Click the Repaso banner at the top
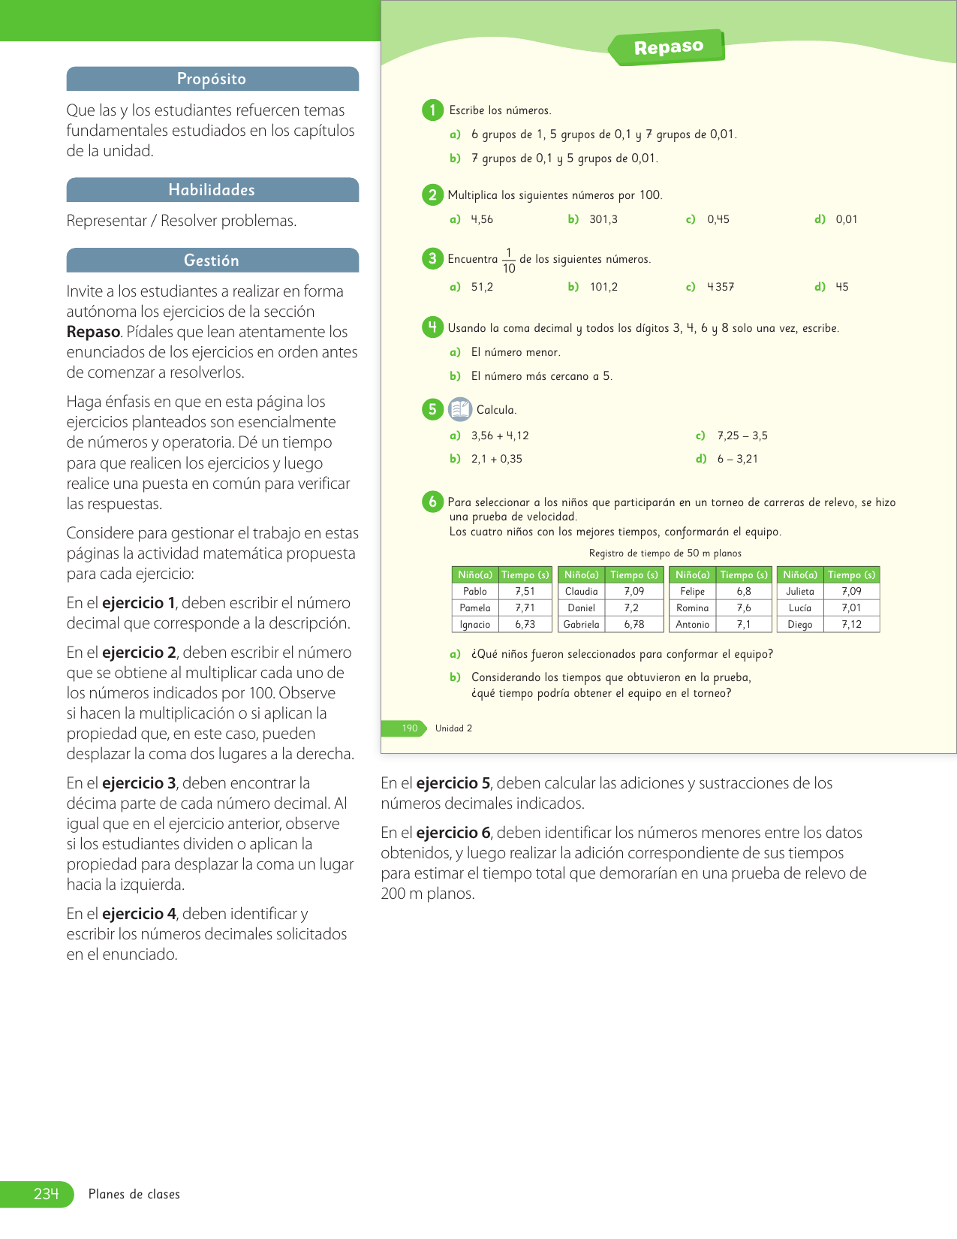pyautogui.click(x=667, y=47)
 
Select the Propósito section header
pyautogui.click(x=212, y=79)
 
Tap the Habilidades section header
pyautogui.click(x=212, y=190)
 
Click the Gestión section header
pyautogui.click(x=212, y=261)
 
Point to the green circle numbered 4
pyautogui.click(x=432, y=327)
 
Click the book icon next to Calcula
pyautogui.click(x=459, y=409)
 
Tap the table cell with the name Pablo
pyautogui.click(x=475, y=592)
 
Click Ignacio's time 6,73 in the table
pyautogui.click(x=525, y=625)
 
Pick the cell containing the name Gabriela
pyautogui.click(x=582, y=625)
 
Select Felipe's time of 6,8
pyautogui.click(x=743, y=592)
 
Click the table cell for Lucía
pyautogui.click(x=800, y=608)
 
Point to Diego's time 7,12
pyautogui.click(x=851, y=625)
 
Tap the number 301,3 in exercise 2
pyautogui.click(x=603, y=219)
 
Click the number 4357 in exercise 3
pyautogui.click(x=721, y=287)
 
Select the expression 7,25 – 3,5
pyautogui.click(x=742, y=436)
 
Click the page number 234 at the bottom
pyautogui.click(x=46, y=1194)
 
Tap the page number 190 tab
pyautogui.click(x=409, y=728)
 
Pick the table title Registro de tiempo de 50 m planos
pyautogui.click(x=665, y=553)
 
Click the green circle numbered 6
pyautogui.click(x=432, y=502)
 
